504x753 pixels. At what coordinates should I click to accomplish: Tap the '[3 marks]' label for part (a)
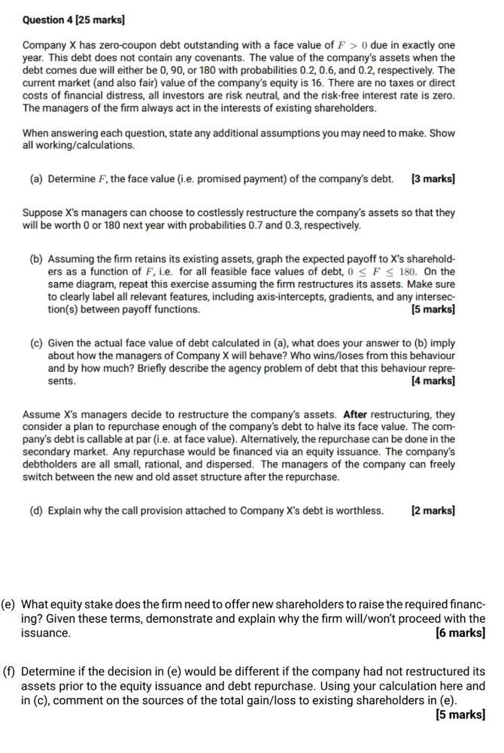pyautogui.click(x=433, y=179)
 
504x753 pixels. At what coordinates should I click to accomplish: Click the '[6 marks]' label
pyautogui.click(x=460, y=633)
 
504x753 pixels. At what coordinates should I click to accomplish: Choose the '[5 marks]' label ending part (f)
pyautogui.click(x=460, y=715)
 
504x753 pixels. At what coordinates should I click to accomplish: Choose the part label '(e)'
pyautogui.click(x=8, y=605)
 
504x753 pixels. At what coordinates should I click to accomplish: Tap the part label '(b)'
pyautogui.click(x=36, y=258)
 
